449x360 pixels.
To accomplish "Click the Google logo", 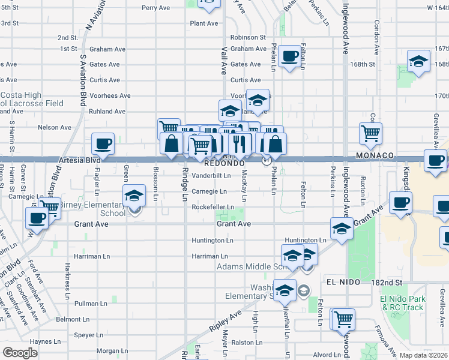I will click(20, 353).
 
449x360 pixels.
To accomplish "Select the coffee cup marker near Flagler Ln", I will click(103, 144).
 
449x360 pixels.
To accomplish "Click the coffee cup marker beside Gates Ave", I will click(290, 56).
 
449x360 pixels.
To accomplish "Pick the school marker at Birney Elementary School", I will click(134, 195).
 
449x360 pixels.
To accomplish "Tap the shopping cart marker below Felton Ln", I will click(343, 319).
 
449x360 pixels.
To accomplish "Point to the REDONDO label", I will click(224, 163).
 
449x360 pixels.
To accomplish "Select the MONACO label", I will click(373, 155).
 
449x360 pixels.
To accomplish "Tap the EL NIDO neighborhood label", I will click(343, 282).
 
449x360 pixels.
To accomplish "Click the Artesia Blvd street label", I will click(79, 161).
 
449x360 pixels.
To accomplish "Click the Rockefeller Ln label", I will click(212, 208).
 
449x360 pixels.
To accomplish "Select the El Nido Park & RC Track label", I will click(402, 303).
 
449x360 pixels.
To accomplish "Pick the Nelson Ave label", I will click(54, 127).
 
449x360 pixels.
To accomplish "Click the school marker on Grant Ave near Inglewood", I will click(342, 229).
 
